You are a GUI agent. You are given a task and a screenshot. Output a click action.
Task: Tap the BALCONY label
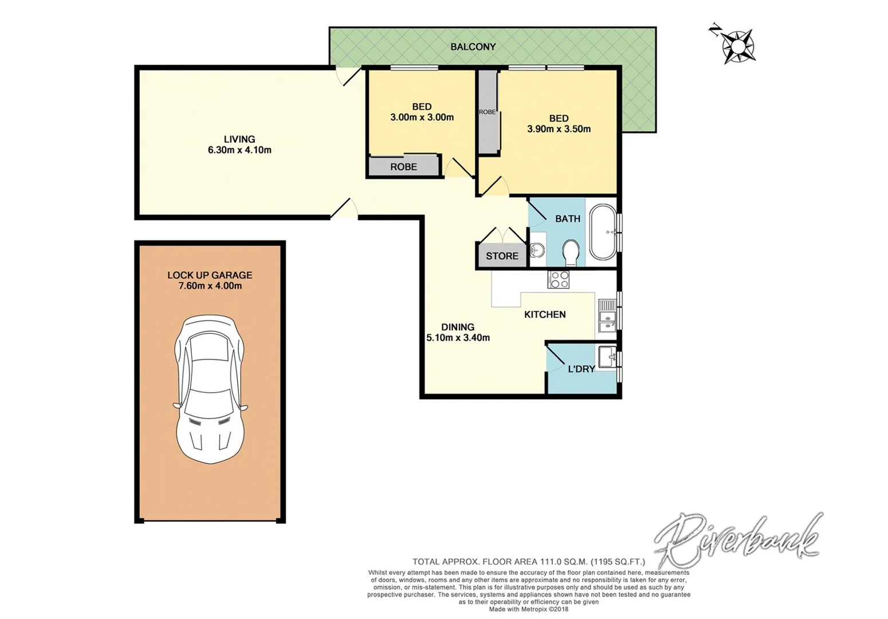click(x=473, y=47)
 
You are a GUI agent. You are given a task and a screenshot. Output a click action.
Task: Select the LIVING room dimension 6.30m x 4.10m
click(x=239, y=150)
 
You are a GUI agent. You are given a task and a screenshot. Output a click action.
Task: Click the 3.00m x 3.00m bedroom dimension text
click(x=422, y=117)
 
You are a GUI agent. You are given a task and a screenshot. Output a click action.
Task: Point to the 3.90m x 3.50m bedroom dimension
click(x=559, y=129)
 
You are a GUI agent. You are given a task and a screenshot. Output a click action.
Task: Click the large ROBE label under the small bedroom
click(x=403, y=167)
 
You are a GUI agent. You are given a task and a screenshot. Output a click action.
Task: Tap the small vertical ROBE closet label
click(x=487, y=112)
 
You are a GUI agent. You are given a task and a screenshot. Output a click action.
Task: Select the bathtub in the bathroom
click(x=602, y=232)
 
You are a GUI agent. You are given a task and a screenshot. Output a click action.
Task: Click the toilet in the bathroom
click(x=571, y=252)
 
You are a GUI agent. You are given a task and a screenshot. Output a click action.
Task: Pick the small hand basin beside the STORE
click(x=537, y=250)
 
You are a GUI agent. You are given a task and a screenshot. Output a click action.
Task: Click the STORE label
click(x=502, y=256)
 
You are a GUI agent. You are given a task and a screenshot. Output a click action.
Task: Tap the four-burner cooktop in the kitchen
click(x=559, y=279)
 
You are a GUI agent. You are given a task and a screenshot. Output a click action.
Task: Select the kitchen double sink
click(x=606, y=316)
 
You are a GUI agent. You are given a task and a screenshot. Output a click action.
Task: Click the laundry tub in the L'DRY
click(x=607, y=356)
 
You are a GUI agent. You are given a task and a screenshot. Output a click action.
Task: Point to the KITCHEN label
click(x=545, y=315)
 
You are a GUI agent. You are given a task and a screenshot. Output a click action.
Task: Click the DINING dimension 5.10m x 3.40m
click(x=458, y=338)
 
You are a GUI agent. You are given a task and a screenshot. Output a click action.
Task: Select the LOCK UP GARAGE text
click(x=210, y=275)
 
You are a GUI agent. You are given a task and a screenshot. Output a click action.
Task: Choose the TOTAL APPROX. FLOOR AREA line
click(x=528, y=562)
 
